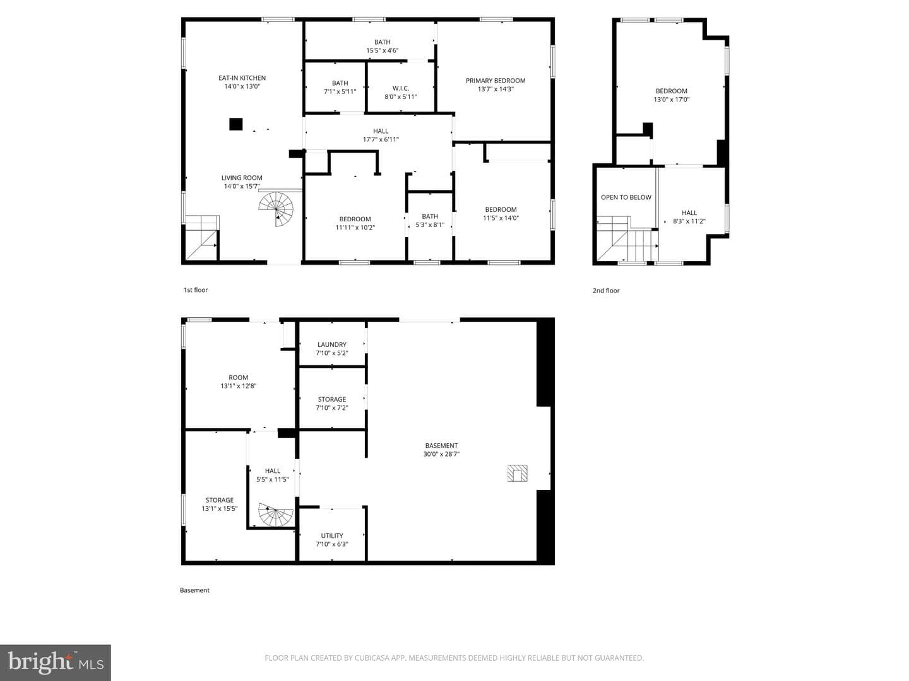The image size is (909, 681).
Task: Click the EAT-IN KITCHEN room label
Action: click(242, 78)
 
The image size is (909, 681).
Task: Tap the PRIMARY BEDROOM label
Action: click(496, 81)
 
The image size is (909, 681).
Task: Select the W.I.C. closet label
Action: click(400, 88)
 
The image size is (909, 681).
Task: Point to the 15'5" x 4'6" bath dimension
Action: click(382, 50)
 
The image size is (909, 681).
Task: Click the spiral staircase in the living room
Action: click(276, 209)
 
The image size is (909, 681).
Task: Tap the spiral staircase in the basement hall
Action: click(276, 515)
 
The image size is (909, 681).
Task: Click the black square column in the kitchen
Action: click(235, 124)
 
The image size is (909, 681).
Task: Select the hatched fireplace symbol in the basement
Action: click(517, 474)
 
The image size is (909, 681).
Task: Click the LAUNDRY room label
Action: click(331, 344)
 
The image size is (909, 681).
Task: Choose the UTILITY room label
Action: click(331, 535)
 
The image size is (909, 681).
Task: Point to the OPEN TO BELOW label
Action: click(626, 197)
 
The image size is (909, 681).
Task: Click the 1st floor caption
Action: click(196, 290)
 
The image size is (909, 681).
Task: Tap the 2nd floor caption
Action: click(606, 290)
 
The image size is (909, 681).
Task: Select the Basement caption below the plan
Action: click(194, 590)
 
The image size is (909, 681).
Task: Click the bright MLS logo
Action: click(55, 662)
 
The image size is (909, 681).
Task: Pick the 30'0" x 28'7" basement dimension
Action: click(441, 453)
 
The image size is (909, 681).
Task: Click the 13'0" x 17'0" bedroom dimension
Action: click(671, 99)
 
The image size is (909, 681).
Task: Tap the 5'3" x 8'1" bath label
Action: click(430, 224)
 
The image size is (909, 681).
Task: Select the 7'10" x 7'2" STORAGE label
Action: click(331, 408)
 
